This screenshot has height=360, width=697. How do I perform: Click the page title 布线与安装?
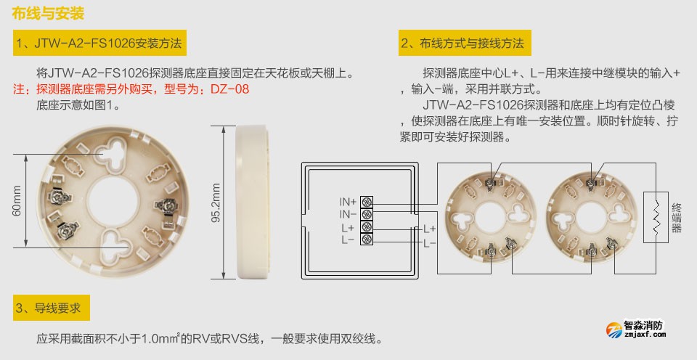pos(49,14)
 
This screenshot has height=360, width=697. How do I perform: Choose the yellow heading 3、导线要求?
pos(52,308)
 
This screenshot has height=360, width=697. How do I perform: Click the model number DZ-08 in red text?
pos(229,89)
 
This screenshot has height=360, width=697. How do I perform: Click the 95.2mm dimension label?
pos(216,205)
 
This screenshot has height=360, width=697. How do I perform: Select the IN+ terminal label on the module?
pos(348,201)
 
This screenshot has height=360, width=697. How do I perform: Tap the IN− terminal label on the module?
pos(348,214)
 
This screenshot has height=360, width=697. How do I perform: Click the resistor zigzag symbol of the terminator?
pos(656,214)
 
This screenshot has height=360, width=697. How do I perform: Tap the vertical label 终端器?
pos(677,216)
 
